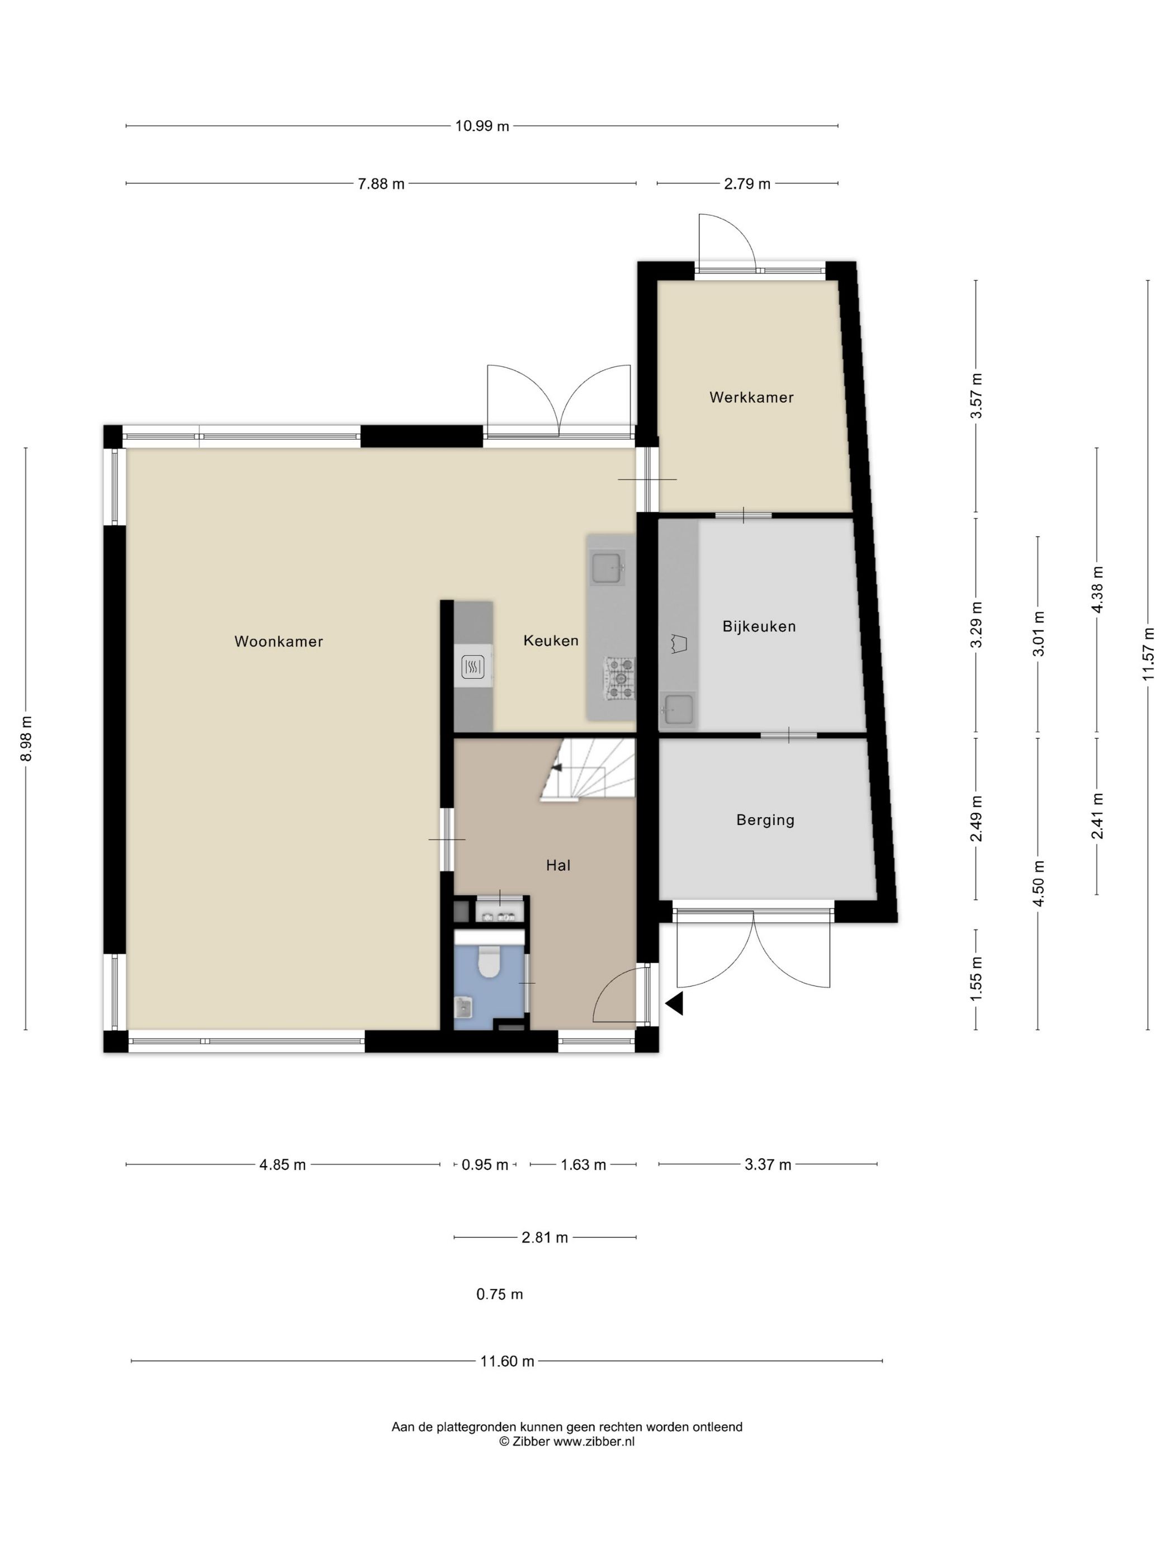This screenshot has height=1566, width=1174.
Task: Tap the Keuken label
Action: click(x=551, y=641)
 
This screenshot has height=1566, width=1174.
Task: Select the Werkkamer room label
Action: click(x=751, y=397)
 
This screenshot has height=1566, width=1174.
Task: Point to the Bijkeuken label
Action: click(x=759, y=626)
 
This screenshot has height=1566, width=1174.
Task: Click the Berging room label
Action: click(x=765, y=820)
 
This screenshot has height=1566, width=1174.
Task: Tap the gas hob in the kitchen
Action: click(x=620, y=679)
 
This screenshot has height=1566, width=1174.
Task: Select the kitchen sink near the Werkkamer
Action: click(x=607, y=568)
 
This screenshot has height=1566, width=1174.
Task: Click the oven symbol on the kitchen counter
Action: click(x=473, y=666)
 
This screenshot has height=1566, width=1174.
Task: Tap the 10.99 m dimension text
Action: click(x=482, y=126)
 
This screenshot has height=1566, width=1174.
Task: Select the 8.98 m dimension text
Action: click(x=26, y=738)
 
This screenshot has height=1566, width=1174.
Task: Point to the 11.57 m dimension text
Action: click(x=1148, y=654)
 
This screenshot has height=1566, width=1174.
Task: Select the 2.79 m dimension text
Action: click(x=746, y=184)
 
